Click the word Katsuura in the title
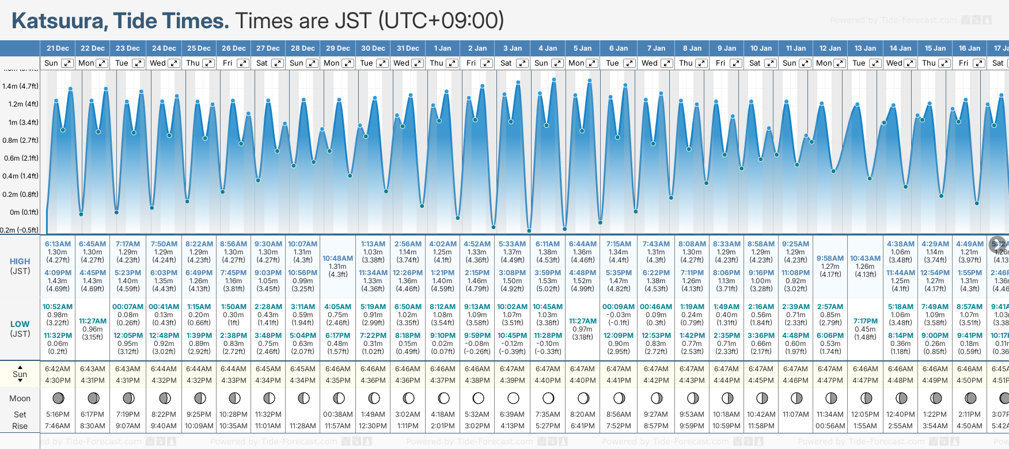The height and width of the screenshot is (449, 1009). click(x=57, y=21)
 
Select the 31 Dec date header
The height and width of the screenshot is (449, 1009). click(x=408, y=48)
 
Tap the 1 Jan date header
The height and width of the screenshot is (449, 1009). click(x=443, y=48)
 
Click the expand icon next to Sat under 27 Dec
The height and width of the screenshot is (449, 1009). click(x=278, y=63)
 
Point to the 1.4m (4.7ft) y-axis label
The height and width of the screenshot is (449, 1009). click(x=20, y=86)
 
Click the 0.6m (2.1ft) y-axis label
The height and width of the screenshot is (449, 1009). click(x=20, y=158)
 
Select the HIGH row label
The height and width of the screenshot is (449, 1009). click(x=20, y=261)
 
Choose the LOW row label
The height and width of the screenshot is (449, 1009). click(x=20, y=324)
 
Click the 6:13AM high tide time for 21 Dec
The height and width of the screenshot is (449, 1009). click(x=58, y=244)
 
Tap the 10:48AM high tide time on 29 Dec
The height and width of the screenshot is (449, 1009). click(x=338, y=258)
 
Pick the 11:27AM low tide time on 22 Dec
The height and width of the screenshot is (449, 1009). click(x=93, y=321)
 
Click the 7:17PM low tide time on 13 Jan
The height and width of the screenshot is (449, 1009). click(x=866, y=321)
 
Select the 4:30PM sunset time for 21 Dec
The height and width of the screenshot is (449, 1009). click(x=58, y=380)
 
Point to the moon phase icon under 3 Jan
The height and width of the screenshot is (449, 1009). click(x=513, y=398)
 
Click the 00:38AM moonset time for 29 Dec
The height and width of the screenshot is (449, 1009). click(x=338, y=414)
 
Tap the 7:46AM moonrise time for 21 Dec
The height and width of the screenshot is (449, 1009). click(x=58, y=426)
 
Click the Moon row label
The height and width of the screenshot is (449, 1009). click(x=20, y=398)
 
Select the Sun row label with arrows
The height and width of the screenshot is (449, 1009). click(x=20, y=374)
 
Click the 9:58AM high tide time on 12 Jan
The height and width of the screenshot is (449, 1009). click(x=830, y=258)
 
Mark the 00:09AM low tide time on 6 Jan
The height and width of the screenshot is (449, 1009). click(x=619, y=307)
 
